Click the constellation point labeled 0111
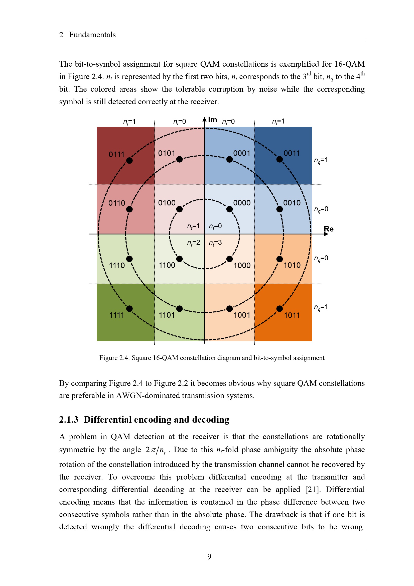click(129, 161)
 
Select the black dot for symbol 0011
click(280, 159)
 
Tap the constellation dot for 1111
click(129, 309)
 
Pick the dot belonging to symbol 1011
click(280, 309)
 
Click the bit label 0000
click(242, 203)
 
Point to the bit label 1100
click(167, 265)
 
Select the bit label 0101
click(167, 153)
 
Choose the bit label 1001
click(242, 315)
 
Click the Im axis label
click(212, 120)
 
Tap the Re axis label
click(329, 229)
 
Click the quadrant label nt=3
click(215, 243)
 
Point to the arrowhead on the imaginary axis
click(204, 119)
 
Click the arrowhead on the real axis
click(326, 234)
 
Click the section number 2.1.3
click(69, 420)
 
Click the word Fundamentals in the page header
click(92, 35)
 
